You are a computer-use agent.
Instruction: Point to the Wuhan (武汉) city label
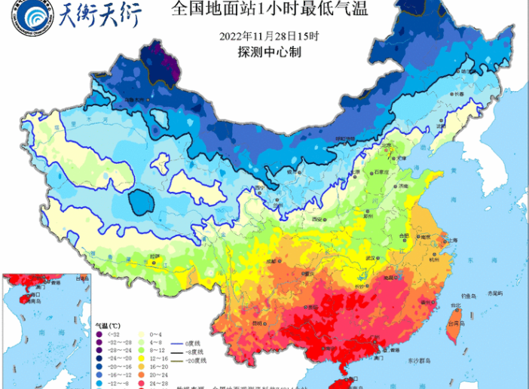coord(368,258)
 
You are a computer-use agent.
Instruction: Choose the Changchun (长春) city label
coord(459,93)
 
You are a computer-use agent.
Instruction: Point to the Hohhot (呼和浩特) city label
coord(344,139)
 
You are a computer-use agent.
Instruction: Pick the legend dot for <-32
coord(101,332)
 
